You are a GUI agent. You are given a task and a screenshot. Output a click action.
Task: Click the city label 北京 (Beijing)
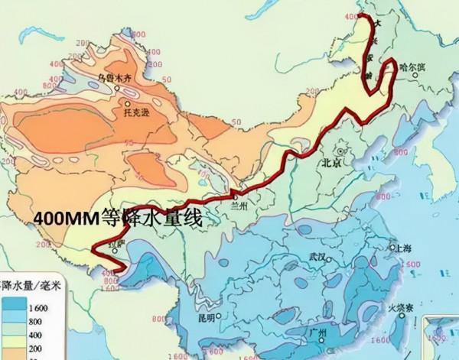(333, 163)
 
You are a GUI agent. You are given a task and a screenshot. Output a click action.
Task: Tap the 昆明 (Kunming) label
(206, 317)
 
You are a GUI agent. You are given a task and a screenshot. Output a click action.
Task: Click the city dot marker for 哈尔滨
(393, 66)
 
